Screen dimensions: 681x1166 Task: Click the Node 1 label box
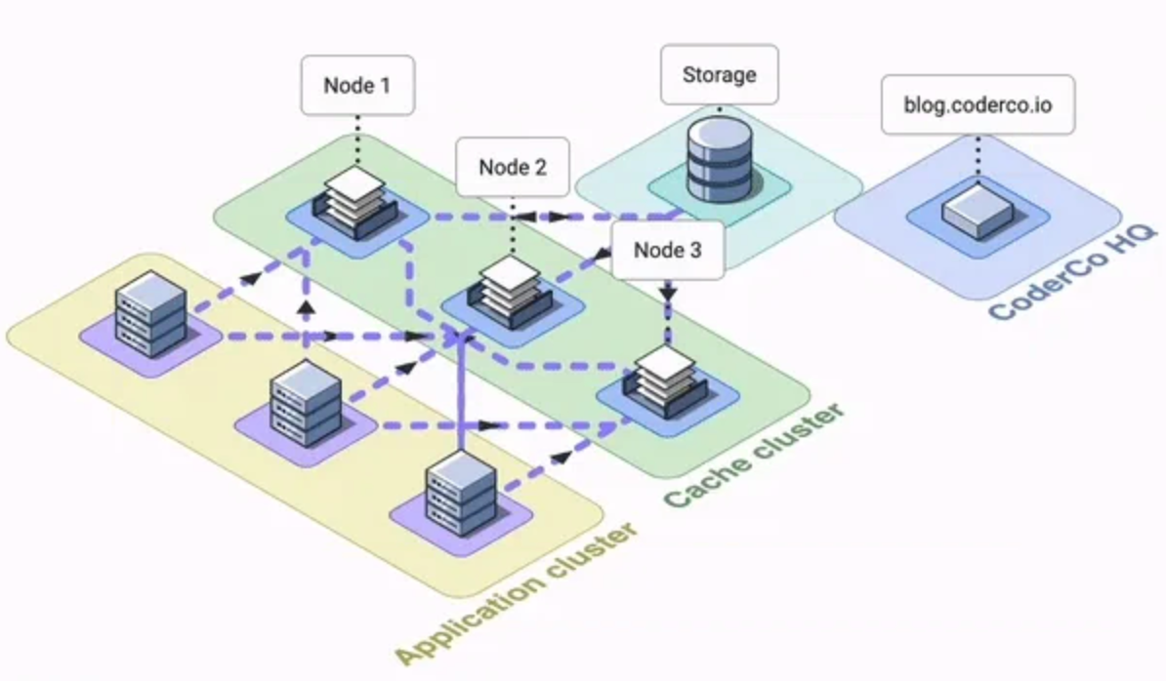(x=356, y=85)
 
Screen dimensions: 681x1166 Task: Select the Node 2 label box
(x=513, y=167)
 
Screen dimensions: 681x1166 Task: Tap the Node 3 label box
(x=668, y=250)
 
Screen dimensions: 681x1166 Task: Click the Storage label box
(x=720, y=74)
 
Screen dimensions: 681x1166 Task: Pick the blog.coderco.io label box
(x=978, y=103)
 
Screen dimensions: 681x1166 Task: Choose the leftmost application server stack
(x=149, y=311)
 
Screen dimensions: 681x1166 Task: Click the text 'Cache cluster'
(x=753, y=455)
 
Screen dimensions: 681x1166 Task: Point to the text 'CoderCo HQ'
(x=1072, y=273)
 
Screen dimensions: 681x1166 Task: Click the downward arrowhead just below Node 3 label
(x=668, y=292)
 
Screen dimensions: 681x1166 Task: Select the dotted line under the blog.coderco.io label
(x=978, y=155)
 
